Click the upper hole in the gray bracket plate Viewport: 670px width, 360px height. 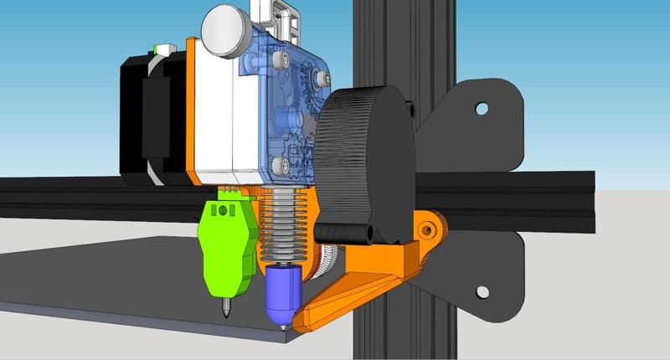point(482,108)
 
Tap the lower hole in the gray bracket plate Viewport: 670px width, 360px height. point(482,291)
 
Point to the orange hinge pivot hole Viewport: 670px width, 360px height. point(428,228)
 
